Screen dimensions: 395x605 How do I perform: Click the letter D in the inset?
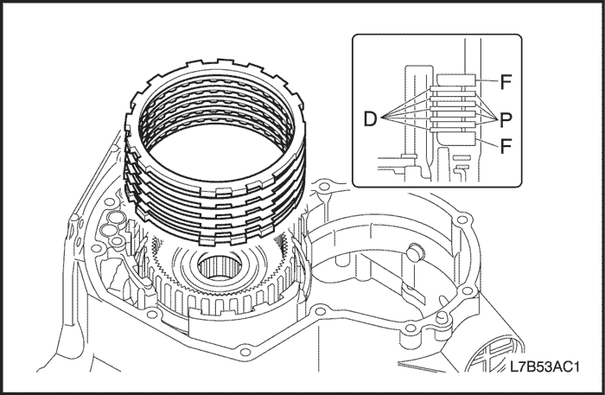pos(369,119)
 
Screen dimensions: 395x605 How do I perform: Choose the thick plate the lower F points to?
pos(456,136)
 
